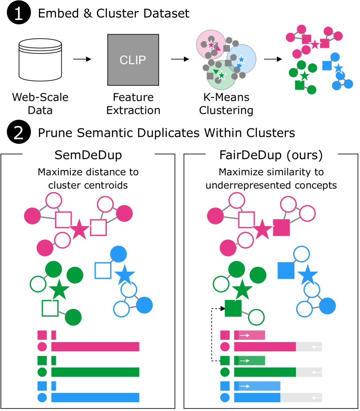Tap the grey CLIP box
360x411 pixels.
point(133,60)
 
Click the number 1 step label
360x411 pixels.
point(18,14)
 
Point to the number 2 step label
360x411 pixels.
point(18,133)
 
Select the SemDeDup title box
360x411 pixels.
point(88,154)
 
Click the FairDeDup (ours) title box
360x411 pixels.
point(271,154)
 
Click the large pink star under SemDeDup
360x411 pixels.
point(79,229)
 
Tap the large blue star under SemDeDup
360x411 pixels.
point(124,275)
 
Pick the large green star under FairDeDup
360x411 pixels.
point(242,290)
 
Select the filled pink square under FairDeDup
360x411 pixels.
point(281,227)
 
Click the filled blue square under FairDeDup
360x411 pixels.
point(286,270)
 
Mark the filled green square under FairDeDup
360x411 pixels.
point(233,308)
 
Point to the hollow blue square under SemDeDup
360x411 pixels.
point(103,270)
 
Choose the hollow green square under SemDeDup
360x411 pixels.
point(50,308)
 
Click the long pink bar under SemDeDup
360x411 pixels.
point(95,346)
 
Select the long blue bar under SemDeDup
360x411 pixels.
point(95,397)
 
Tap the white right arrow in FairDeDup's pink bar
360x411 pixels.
point(245,335)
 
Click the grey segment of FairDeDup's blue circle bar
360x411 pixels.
point(301,397)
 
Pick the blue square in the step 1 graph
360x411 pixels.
point(326,65)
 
